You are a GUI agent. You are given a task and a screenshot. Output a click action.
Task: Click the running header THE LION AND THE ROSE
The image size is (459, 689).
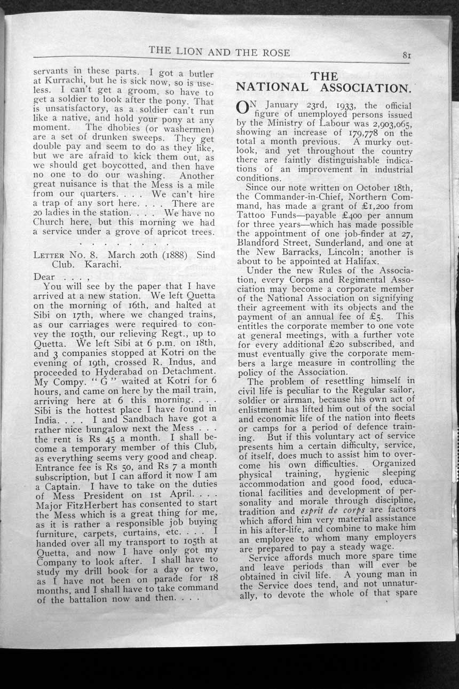(219, 52)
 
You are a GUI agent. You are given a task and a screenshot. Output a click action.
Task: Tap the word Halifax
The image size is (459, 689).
(357, 261)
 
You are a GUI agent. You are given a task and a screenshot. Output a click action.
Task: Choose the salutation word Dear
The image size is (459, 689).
(44, 277)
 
